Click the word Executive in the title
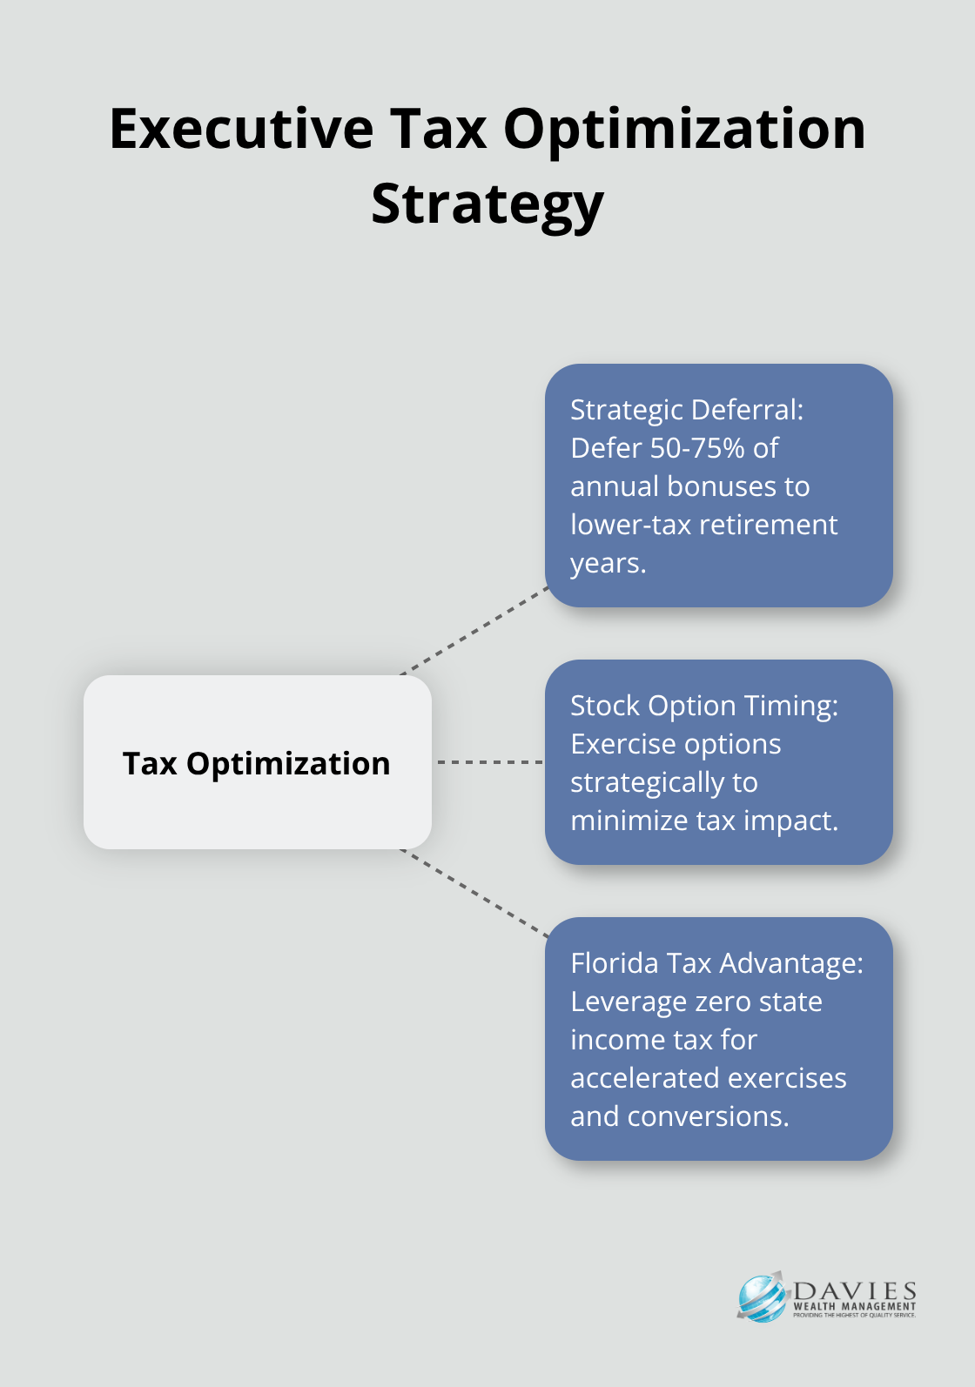[241, 129]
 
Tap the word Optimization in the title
[684, 129]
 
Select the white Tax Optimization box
[257, 762]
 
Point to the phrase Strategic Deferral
[686, 410]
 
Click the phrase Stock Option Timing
[703, 706]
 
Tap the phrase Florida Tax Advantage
[716, 963]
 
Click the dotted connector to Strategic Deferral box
[474, 631]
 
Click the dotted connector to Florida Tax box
[474, 894]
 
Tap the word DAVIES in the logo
[855, 1290]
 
